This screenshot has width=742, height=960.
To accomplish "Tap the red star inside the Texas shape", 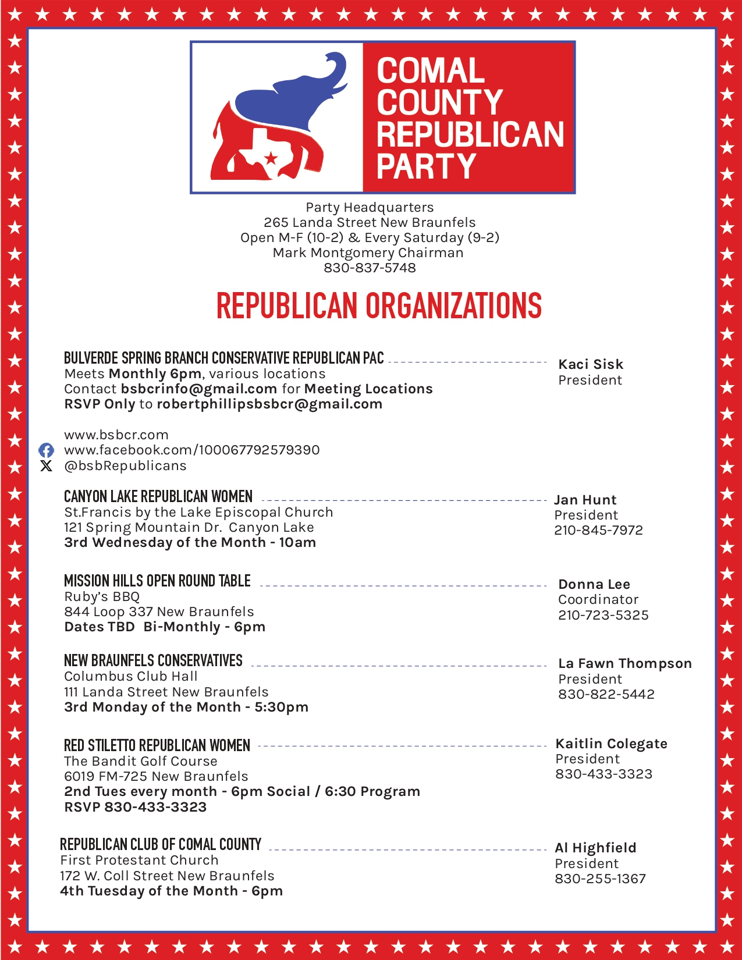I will pos(271,158).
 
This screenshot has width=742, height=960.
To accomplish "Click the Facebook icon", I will pos(46,450).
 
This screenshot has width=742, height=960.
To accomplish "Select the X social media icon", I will pos(46,465).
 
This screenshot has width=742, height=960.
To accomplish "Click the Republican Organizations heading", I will pos(379,306).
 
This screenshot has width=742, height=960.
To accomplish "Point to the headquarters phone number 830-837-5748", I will pos(370,268).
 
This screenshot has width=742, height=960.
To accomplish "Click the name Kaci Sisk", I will pos(591,364).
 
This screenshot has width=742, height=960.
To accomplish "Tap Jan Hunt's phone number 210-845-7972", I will pos(598,530).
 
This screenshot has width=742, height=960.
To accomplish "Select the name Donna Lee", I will pos(594,584).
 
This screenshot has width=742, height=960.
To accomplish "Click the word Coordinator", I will pos(598,599).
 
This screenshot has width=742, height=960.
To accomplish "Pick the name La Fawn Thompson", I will pos(625,663).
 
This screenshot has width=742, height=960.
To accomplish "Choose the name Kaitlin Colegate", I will pos(612,744).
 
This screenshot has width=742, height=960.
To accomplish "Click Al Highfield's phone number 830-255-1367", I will pos(600,879).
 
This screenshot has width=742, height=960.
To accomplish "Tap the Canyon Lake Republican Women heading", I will pos(158,496).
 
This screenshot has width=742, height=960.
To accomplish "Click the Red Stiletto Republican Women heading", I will pos(157,745).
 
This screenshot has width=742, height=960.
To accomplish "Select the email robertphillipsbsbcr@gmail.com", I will pos(269,404).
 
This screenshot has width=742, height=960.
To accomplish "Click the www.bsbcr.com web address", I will pos(116,435).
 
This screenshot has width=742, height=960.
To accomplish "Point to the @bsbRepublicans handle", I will pos(125,465).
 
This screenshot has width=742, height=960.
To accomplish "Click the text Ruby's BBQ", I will pos(102,596).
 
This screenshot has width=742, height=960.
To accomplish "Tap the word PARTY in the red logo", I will pos(426,166).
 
